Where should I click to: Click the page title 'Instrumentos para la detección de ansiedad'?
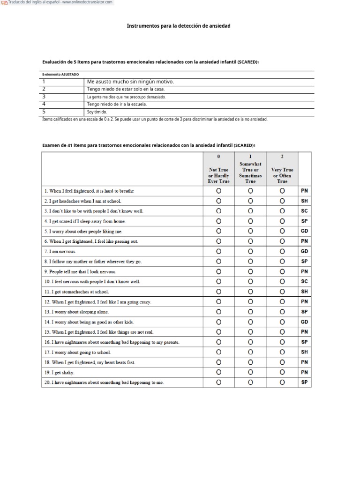coord(179,26)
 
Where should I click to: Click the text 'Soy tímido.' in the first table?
coord(97,112)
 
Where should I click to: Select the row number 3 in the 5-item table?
coord(44,97)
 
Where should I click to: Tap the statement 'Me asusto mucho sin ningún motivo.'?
coord(130,82)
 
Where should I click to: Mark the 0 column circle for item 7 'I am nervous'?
coord(218,251)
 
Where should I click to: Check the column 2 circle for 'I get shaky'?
coord(282,372)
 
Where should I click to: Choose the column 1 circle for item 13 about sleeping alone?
coord(250,312)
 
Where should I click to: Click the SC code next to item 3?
coord(304,211)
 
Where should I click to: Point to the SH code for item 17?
coord(304,352)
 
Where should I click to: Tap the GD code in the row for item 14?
coord(304,322)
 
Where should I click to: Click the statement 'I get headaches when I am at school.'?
coord(83,201)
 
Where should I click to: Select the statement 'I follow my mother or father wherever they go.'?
coord(93,262)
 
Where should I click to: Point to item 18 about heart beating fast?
coord(96,362)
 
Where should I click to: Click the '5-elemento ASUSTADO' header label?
coord(60,74)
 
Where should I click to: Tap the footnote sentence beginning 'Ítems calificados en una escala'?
coord(155,120)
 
